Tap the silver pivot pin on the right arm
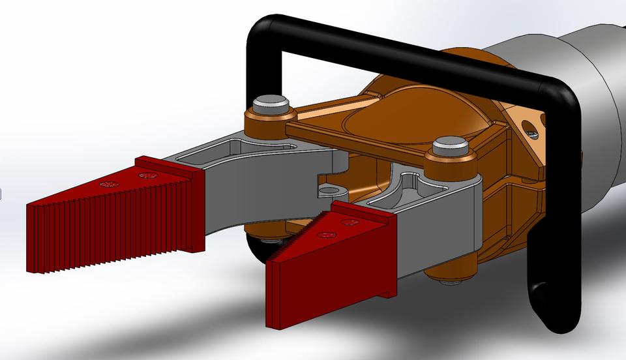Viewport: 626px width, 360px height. tap(448, 143)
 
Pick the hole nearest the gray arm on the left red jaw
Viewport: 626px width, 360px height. tap(145, 175)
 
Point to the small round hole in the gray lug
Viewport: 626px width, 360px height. tap(331, 191)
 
